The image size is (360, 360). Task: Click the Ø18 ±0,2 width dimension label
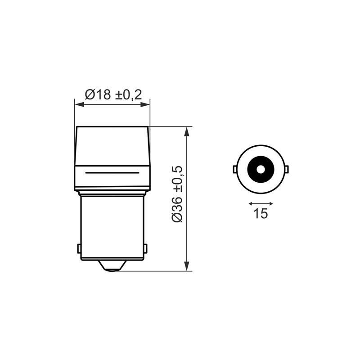pyautogui.click(x=114, y=94)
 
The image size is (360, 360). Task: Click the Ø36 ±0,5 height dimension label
pyautogui.click(x=177, y=194)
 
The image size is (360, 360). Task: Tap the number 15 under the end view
pyautogui.click(x=261, y=213)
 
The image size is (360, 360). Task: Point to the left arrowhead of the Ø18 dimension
pyautogui.click(x=79, y=105)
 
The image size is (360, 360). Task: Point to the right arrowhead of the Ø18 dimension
pyautogui.click(x=145, y=105)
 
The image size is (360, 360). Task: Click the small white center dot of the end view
pyautogui.click(x=261, y=170)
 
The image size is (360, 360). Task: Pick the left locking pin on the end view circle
pyautogui.click(x=234, y=169)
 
